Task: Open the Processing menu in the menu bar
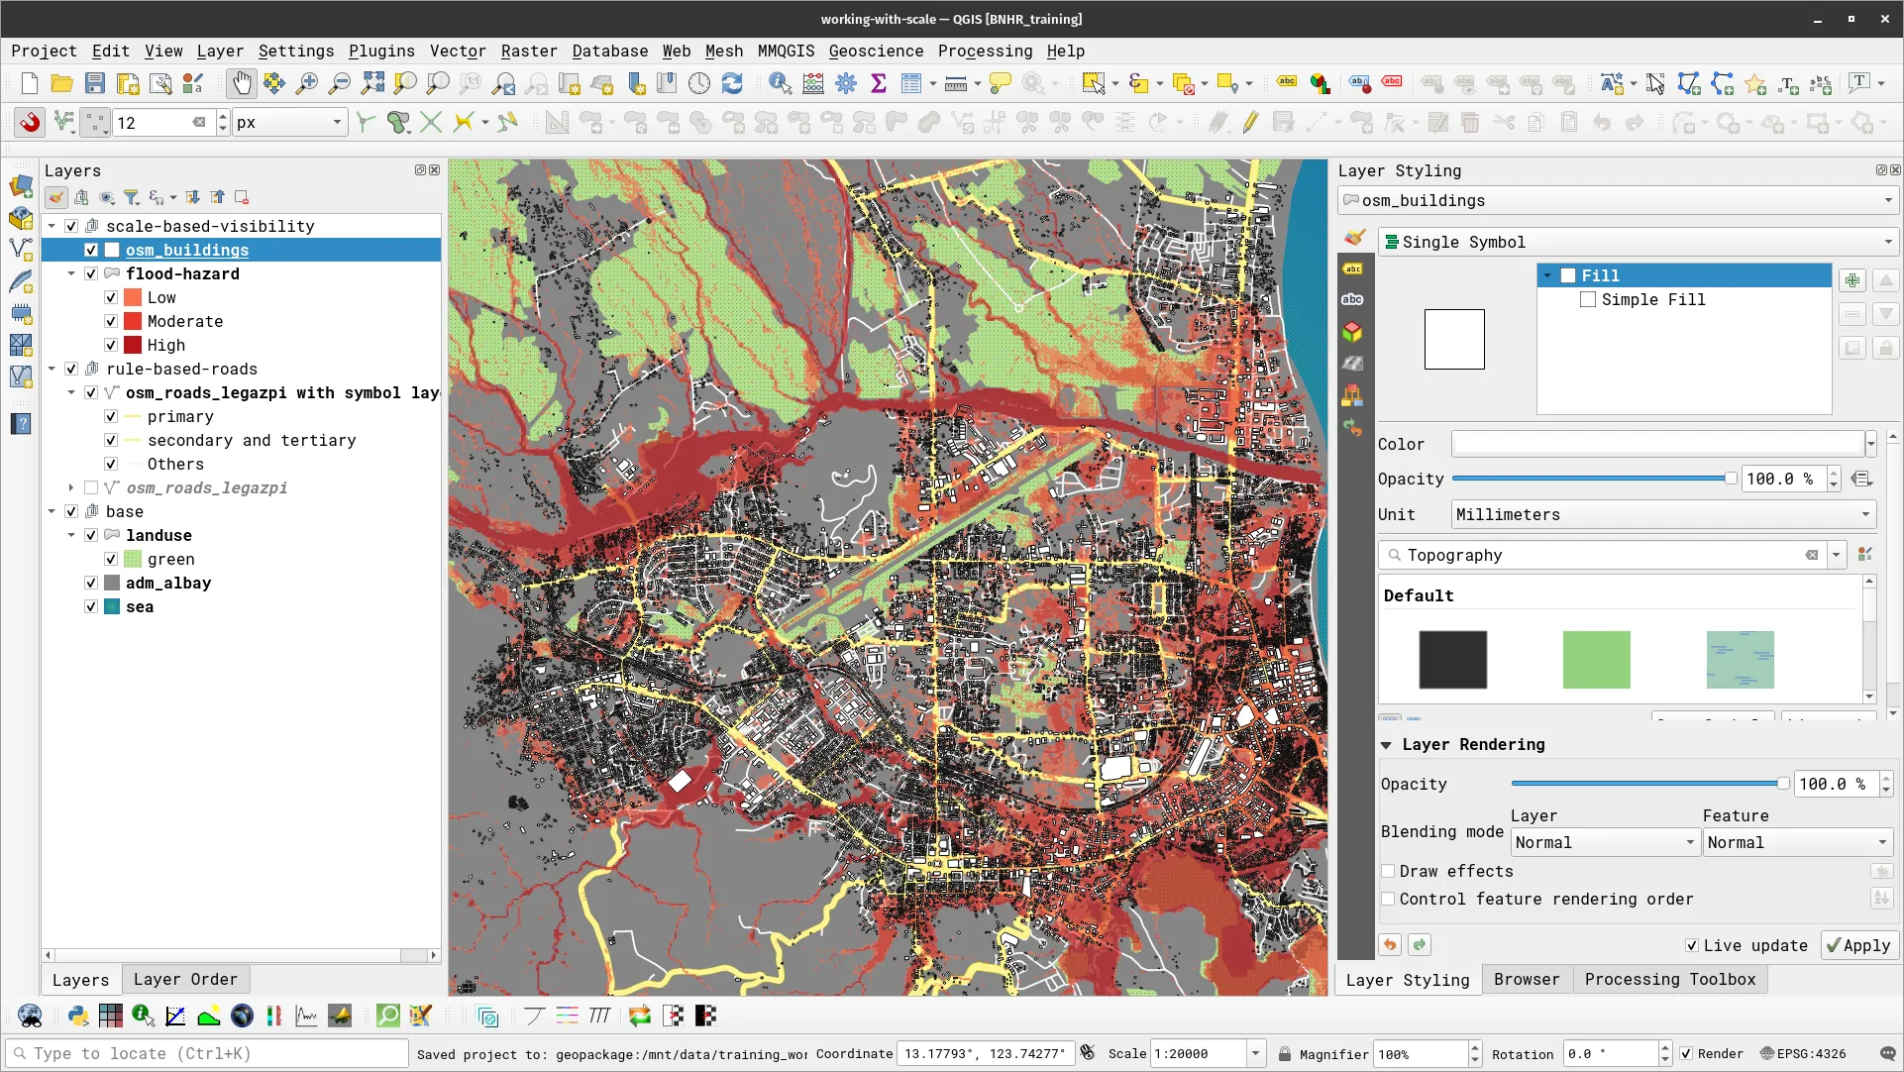tap(985, 51)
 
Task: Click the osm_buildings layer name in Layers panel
tap(187, 250)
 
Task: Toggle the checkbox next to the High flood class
tap(111, 345)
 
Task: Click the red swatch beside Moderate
tap(133, 321)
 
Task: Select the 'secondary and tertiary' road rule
tap(252, 440)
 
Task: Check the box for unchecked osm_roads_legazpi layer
tap(91, 487)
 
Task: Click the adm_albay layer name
tap(168, 583)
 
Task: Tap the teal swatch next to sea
tap(112, 606)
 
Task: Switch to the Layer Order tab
tap(185, 979)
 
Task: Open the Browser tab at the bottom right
tap(1526, 979)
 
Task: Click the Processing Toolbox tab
tap(1669, 979)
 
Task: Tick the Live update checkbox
tap(1692, 945)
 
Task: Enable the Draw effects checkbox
tap(1389, 871)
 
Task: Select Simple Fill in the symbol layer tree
tap(1652, 299)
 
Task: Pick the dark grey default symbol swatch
tap(1452, 659)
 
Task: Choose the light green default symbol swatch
tap(1596, 659)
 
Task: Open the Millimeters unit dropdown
tap(1663, 514)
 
